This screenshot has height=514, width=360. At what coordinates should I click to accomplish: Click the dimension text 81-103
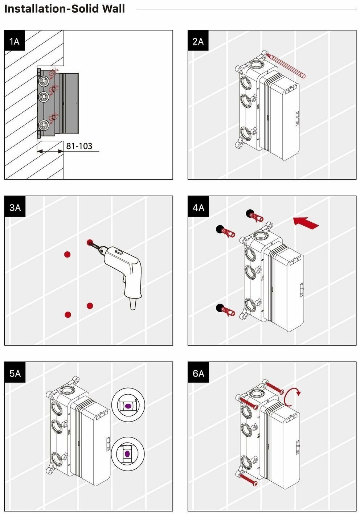(x=79, y=146)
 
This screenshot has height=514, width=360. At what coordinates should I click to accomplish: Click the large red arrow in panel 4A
(x=306, y=222)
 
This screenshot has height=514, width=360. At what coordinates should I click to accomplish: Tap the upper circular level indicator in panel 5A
(x=128, y=406)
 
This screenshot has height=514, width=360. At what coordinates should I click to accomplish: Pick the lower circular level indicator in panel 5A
(x=128, y=453)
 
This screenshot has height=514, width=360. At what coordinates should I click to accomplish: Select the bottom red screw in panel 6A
(x=248, y=479)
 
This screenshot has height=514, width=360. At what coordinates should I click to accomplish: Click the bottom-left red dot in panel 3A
(x=68, y=314)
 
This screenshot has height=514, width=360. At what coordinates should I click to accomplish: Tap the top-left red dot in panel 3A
(x=67, y=254)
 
